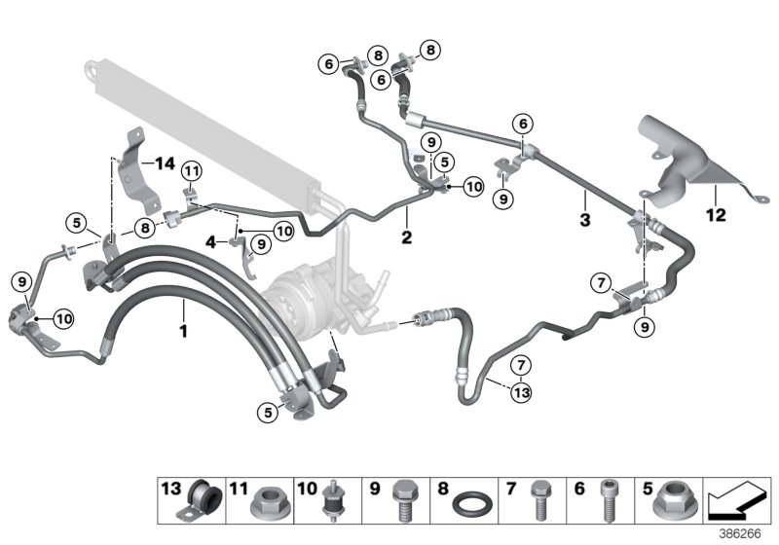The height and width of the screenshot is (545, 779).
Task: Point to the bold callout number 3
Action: pos(584,222)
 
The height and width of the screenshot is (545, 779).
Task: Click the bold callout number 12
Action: pos(716,215)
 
